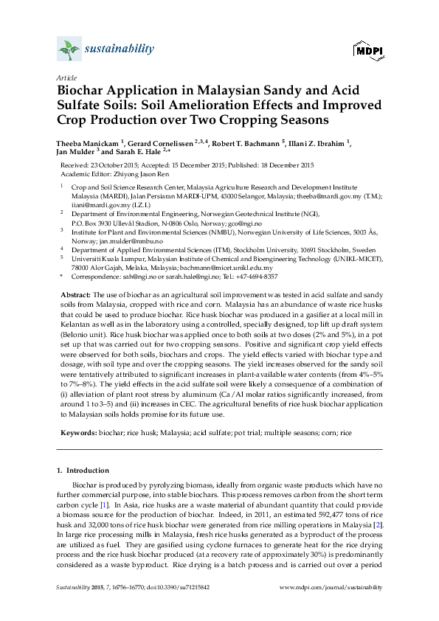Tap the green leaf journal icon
pos(69,49)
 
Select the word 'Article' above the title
pos(66,77)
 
